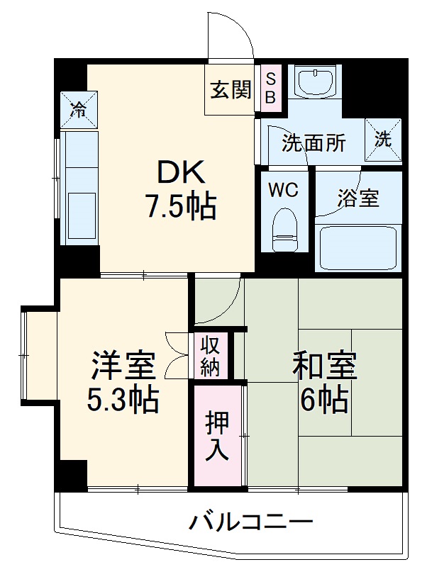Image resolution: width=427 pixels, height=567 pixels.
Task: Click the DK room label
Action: point(180,173)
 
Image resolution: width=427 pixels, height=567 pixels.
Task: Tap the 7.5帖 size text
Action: point(180,206)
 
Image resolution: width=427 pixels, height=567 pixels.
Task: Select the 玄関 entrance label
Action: point(230,89)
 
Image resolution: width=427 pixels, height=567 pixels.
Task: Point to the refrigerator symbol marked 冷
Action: point(79,110)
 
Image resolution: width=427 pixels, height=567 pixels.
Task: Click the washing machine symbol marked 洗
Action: point(383,139)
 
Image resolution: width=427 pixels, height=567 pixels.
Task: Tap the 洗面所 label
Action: point(314,143)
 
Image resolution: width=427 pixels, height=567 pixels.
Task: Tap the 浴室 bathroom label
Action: point(357,198)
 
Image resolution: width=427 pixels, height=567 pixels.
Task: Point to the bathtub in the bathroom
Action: point(357,247)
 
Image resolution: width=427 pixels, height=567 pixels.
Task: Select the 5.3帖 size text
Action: point(122,402)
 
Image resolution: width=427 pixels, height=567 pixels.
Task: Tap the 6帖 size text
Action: point(324,401)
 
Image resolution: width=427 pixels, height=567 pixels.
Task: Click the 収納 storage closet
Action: point(209,357)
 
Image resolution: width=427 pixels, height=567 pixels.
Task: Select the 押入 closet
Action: point(218,436)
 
